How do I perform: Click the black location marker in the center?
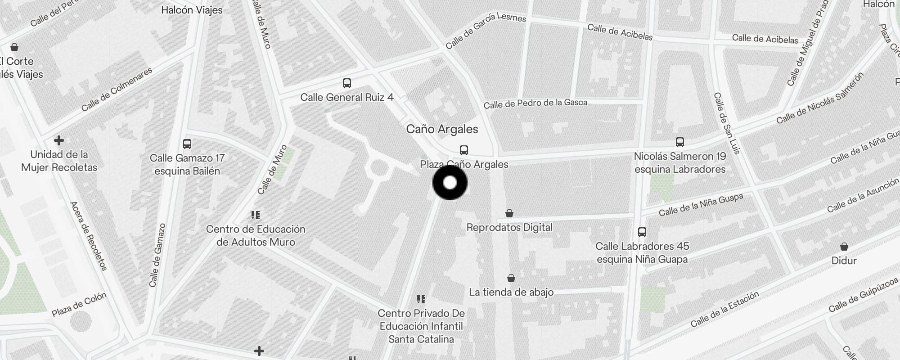click(450, 183)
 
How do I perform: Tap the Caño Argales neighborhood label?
click(442, 129)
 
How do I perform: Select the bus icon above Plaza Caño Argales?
click(464, 150)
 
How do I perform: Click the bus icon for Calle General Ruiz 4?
click(347, 83)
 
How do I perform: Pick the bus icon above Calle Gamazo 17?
click(187, 144)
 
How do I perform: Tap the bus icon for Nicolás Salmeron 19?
click(680, 142)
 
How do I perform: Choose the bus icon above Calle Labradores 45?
click(642, 232)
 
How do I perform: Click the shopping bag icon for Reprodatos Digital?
click(509, 213)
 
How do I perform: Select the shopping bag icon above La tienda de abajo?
click(511, 278)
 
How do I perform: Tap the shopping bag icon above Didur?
click(844, 247)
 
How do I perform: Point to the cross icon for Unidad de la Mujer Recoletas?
click(59, 140)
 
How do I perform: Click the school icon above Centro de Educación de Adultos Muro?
click(256, 215)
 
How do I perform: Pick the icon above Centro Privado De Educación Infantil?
click(421, 299)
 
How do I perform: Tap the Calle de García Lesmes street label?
click(486, 31)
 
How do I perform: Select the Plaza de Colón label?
click(79, 305)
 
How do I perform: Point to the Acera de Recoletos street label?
click(89, 236)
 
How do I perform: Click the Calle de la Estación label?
click(724, 309)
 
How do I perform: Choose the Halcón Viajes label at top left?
click(192, 10)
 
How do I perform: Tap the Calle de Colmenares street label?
click(117, 89)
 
